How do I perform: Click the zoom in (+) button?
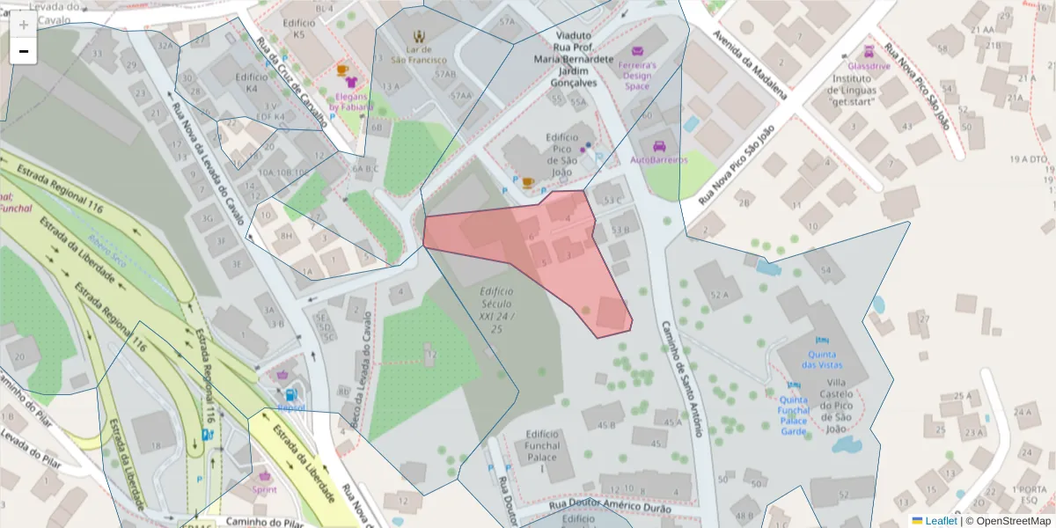pyautogui.click(x=24, y=25)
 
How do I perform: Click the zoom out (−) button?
pyautogui.click(x=24, y=52)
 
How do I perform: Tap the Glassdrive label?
pyautogui.click(x=869, y=66)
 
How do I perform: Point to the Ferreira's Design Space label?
pyautogui.click(x=637, y=76)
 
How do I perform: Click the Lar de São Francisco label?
pyautogui.click(x=420, y=55)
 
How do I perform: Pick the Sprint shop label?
pyautogui.click(x=264, y=489)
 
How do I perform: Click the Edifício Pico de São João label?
pyautogui.click(x=561, y=156)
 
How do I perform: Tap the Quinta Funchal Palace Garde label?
pyautogui.click(x=794, y=415)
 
